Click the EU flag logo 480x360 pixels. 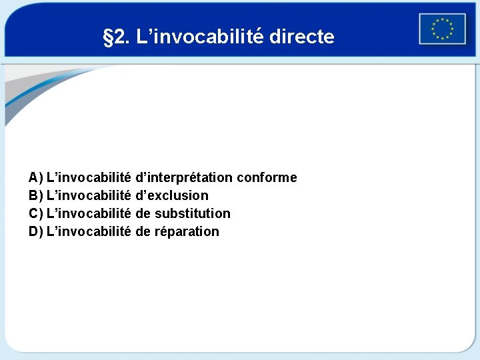442,29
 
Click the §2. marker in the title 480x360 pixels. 117,37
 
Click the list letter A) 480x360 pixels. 36,177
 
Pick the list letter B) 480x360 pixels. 36,195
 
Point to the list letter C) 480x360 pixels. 36,213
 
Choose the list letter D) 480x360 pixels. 36,231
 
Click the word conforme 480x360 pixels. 267,177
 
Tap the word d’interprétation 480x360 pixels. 184,177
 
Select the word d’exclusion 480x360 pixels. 171,195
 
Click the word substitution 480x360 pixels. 193,213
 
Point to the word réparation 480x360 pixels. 187,231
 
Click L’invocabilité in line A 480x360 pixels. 89,177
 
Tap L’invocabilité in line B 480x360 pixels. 89,195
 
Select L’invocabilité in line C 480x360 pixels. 89,213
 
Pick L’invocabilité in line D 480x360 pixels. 89,231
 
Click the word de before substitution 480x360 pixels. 143,213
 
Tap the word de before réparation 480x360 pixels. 143,231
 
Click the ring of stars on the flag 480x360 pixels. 442,29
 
